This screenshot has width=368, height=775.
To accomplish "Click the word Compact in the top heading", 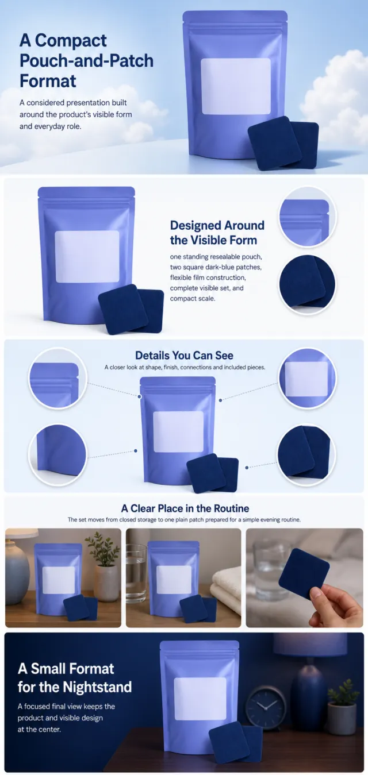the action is click(71, 40).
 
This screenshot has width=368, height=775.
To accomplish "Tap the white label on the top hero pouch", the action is click(236, 86).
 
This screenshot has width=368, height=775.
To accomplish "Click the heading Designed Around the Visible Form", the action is click(217, 233).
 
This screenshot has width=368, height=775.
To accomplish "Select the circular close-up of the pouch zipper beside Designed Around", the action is click(307, 217).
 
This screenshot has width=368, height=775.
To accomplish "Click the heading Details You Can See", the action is click(184, 355).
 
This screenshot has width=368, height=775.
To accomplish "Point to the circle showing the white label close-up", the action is click(307, 378).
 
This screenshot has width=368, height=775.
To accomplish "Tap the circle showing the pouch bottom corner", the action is click(57, 454).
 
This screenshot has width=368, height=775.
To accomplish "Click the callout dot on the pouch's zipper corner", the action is click(140, 396).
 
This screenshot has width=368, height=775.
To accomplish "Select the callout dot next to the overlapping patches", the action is click(247, 468).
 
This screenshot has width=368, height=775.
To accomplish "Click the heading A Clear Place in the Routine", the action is click(185, 508).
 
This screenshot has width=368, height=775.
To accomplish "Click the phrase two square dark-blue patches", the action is click(216, 267).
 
